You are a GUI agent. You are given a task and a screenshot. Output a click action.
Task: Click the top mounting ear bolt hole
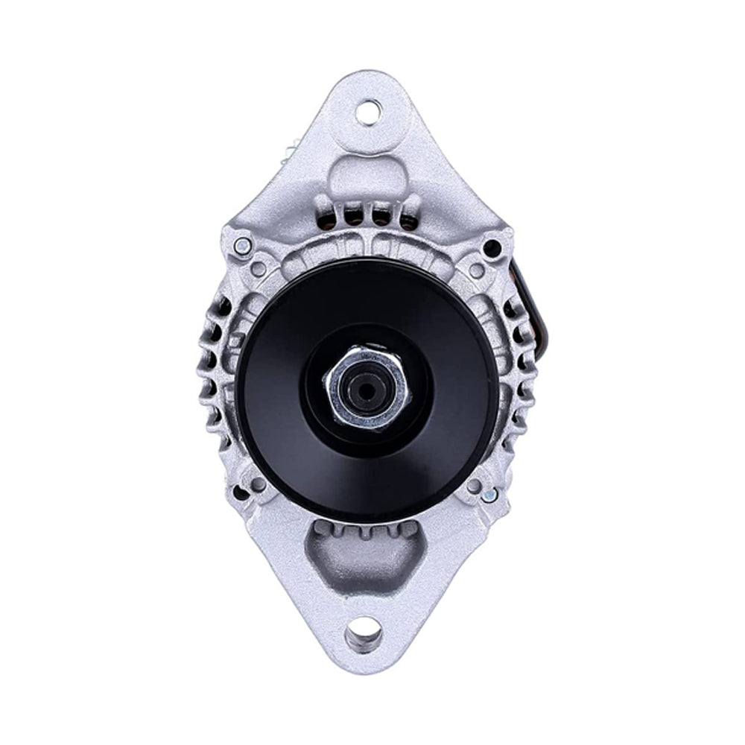(x=367, y=112)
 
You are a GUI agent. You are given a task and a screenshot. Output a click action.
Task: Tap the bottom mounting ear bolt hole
(x=364, y=635)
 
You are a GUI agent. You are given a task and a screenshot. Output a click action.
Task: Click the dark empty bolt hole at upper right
(x=491, y=247)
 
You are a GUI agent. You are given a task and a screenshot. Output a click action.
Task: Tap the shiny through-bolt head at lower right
(x=489, y=494)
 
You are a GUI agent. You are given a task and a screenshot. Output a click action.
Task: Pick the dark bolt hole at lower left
(x=241, y=492)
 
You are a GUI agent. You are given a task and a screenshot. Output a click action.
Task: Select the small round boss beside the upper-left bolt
(x=259, y=266)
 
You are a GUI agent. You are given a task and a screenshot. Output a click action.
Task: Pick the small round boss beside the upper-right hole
(x=475, y=270)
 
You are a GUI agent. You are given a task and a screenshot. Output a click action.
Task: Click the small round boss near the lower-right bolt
(x=473, y=486)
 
